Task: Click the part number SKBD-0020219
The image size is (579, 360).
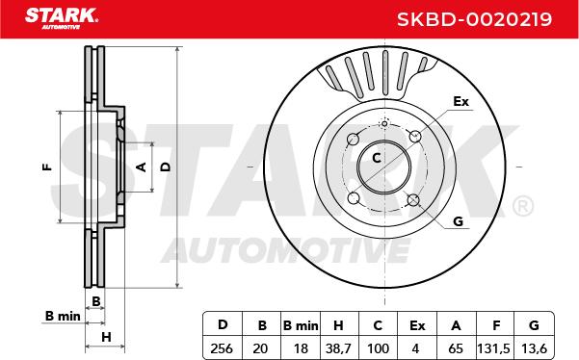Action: coord(474,19)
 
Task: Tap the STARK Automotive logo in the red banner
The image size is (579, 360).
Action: coord(62,18)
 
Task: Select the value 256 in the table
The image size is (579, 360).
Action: coord(222,348)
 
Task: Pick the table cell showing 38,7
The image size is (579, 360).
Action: coord(338,348)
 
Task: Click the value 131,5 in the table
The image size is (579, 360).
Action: coord(494,348)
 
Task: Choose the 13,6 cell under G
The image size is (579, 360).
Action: coord(534,348)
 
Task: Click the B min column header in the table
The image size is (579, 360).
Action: coord(301,325)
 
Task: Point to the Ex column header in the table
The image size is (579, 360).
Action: coord(417,325)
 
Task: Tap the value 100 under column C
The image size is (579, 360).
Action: coord(378,348)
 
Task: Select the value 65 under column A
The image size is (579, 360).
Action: coord(456,348)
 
